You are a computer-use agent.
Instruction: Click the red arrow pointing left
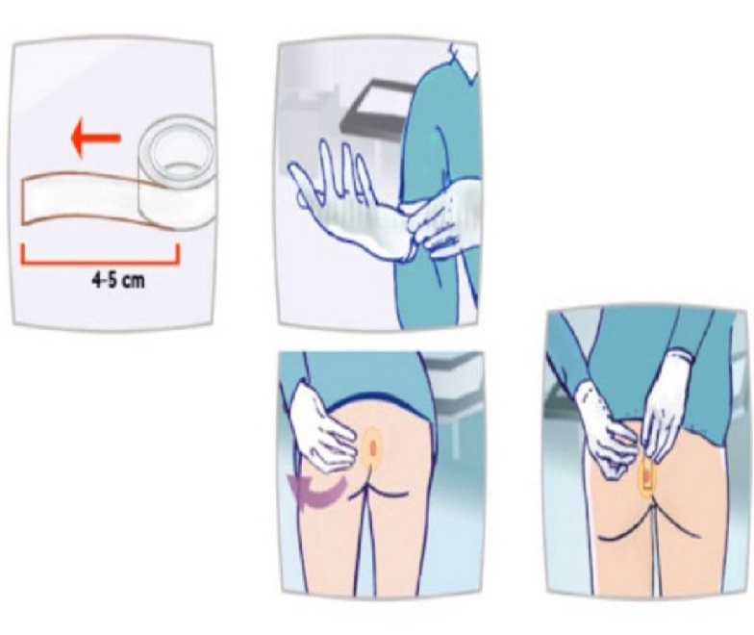[94, 139]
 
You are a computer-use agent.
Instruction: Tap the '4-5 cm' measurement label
[117, 280]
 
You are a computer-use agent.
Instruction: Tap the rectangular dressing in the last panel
[646, 477]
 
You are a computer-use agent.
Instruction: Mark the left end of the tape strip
[22, 202]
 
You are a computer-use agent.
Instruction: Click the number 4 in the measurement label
[96, 280]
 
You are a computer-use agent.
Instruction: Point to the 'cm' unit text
[135, 281]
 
